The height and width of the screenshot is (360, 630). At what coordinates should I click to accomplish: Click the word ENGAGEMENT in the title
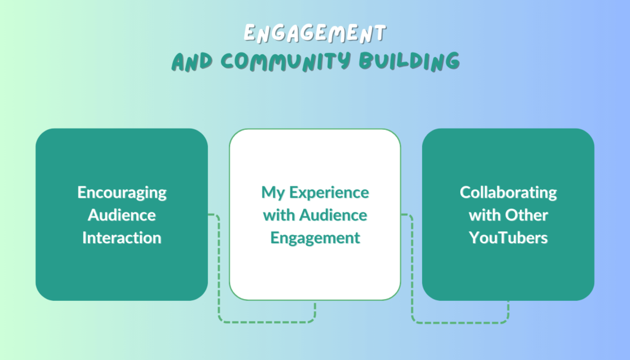tap(314, 33)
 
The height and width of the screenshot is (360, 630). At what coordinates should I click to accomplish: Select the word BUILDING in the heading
tap(409, 62)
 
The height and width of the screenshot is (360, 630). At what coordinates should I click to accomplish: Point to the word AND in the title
tap(192, 62)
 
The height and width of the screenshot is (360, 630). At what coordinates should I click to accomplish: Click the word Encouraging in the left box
tap(122, 193)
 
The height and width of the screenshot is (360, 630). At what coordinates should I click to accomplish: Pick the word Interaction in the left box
tap(122, 238)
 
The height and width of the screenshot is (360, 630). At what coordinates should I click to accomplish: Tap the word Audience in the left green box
tap(122, 215)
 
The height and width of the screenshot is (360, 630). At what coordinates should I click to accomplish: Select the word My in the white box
tap(273, 193)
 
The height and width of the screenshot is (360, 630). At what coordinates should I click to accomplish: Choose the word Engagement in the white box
tap(315, 238)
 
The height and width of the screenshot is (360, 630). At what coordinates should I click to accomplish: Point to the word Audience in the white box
tap(333, 215)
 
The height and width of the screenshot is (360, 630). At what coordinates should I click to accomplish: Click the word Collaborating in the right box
tap(508, 193)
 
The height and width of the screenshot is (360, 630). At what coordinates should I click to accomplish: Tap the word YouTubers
tap(508, 238)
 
